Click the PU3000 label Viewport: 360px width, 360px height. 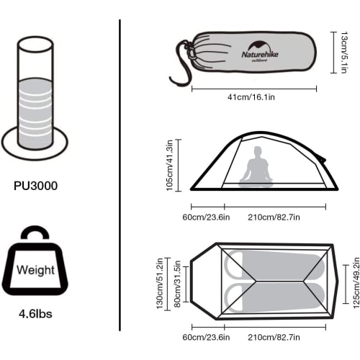pos(35,186)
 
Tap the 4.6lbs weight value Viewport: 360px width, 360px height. pos(35,314)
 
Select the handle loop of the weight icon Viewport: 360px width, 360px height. pos(35,238)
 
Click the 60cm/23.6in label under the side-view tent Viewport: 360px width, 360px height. pos(206,217)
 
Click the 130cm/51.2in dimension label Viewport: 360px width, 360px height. pos(161,285)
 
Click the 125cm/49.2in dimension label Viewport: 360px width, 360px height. pos(354,284)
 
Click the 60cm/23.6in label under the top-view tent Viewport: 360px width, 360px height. pos(206,337)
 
